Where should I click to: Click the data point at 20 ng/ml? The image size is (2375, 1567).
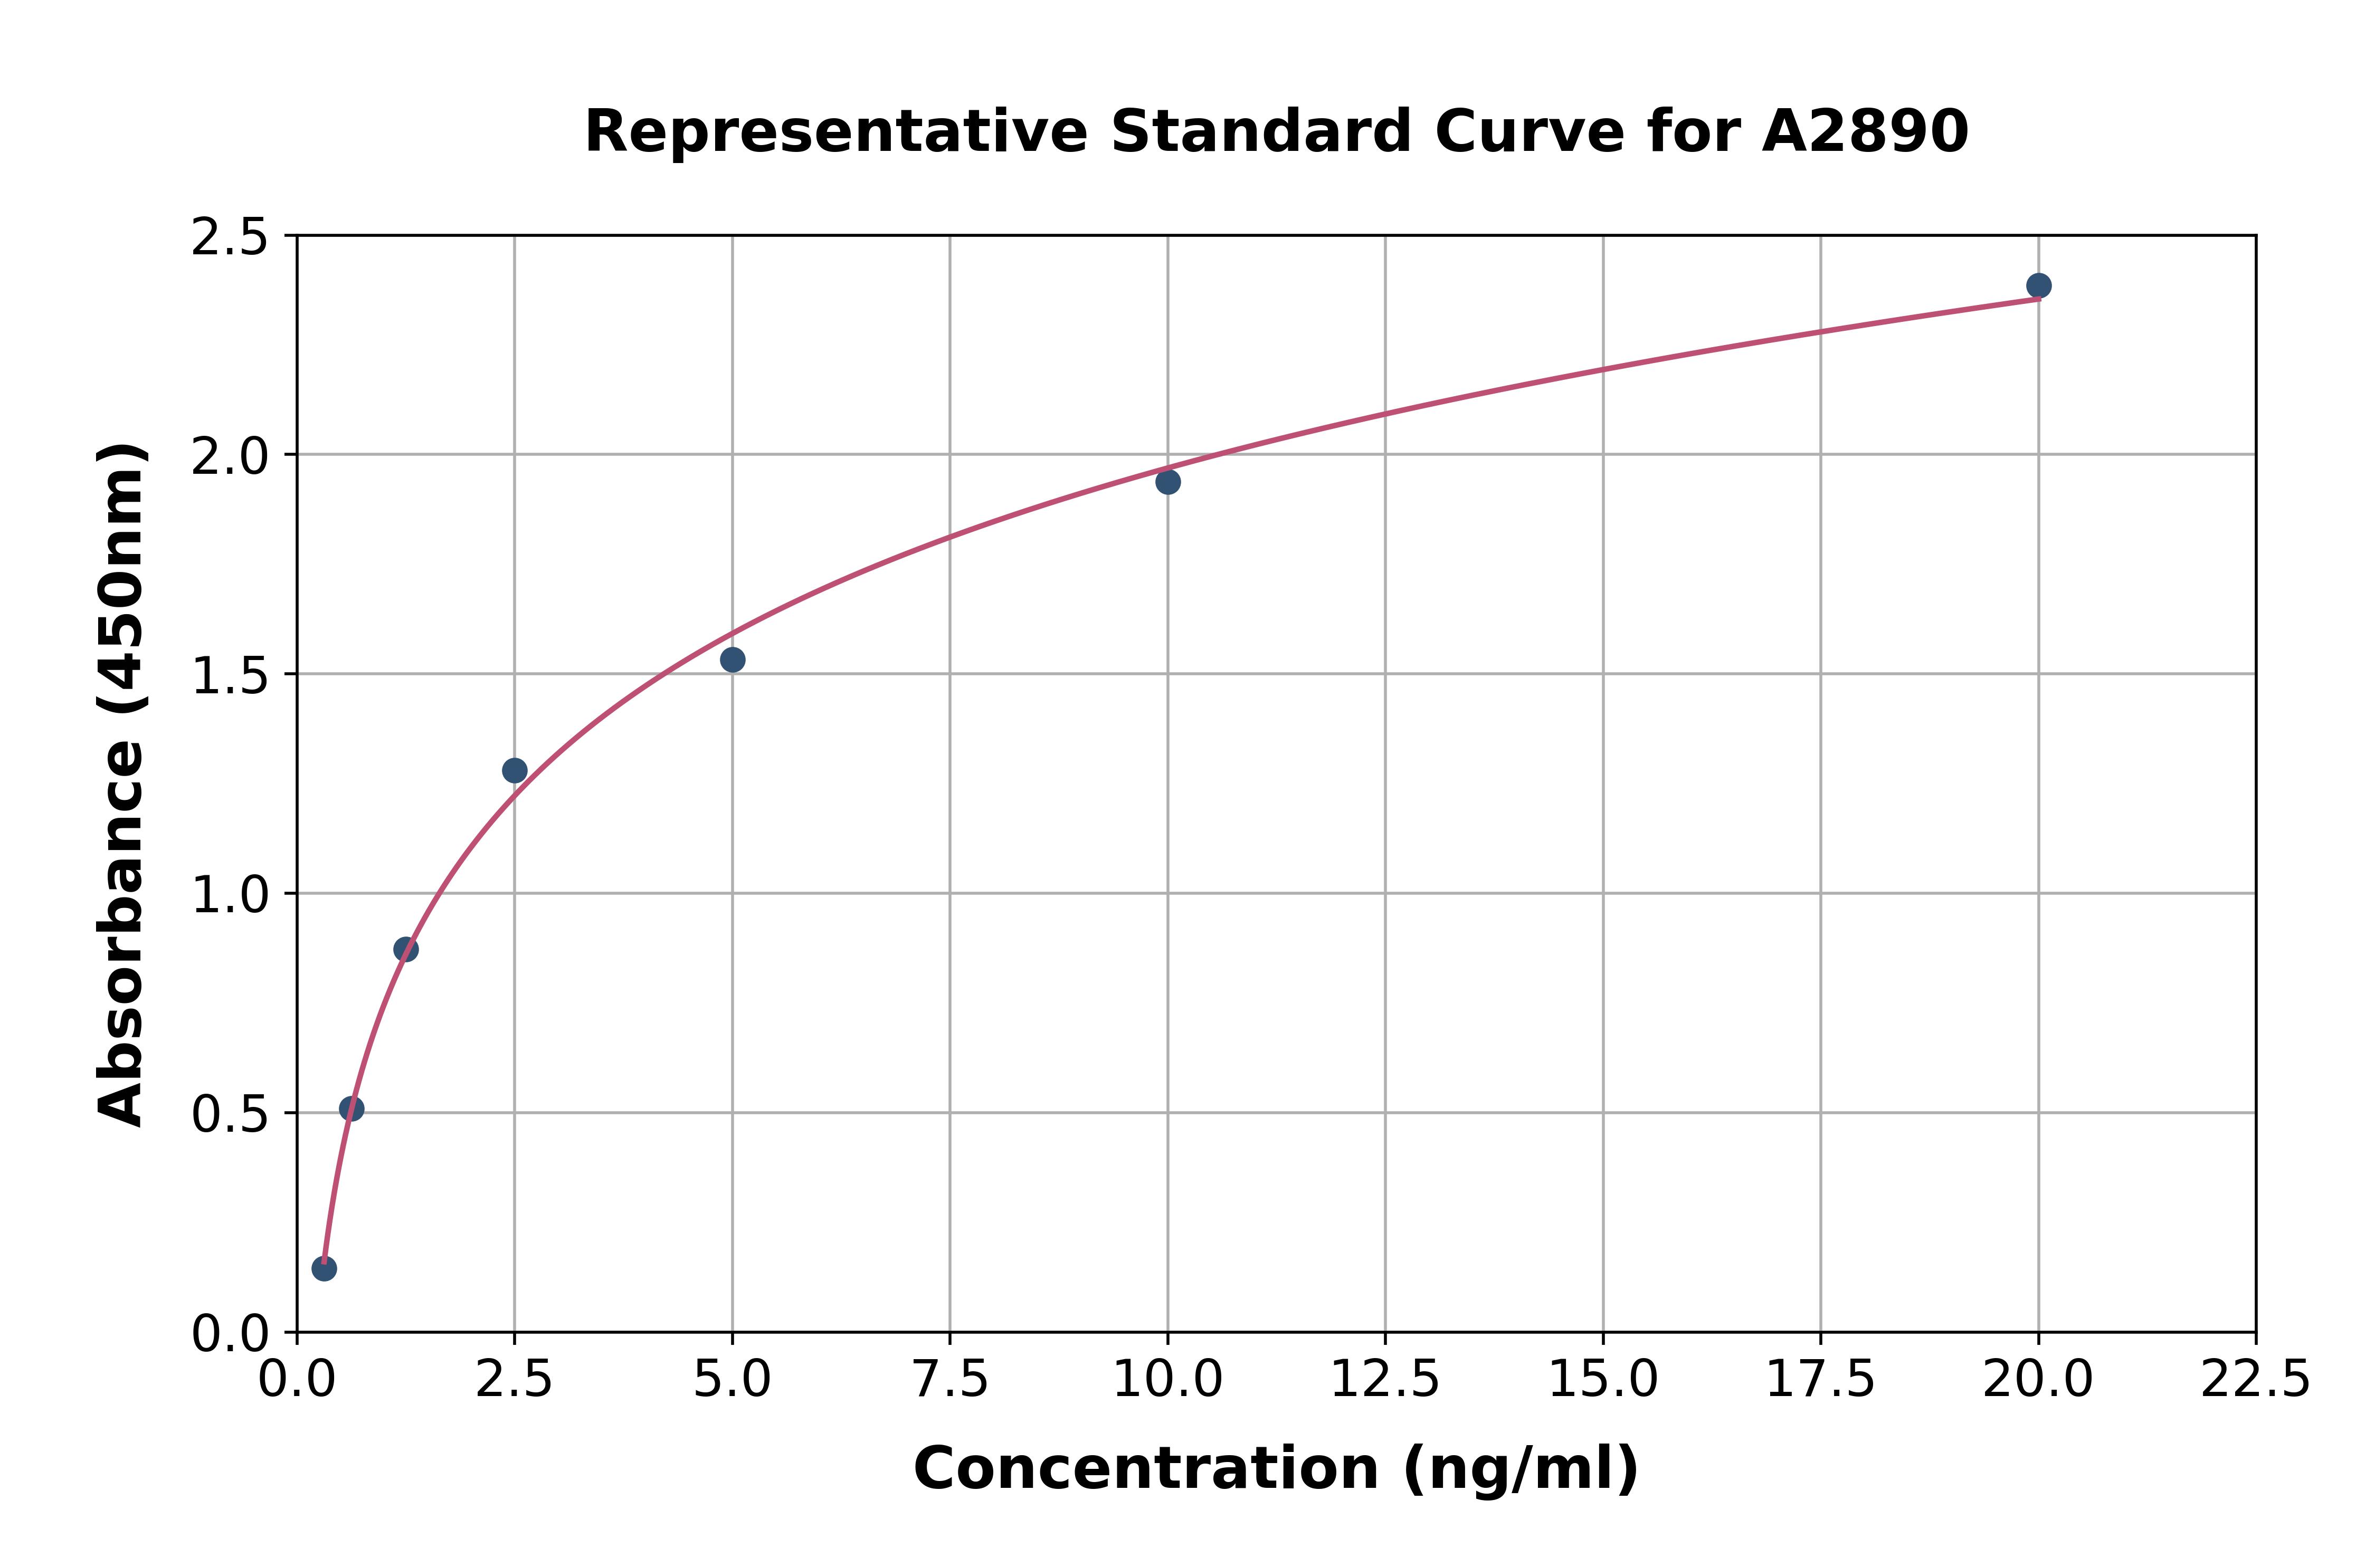2038,286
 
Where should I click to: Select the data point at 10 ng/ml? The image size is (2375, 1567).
1167,482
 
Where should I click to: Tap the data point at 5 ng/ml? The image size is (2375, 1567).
733,660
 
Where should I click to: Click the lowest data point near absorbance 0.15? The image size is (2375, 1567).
324,1268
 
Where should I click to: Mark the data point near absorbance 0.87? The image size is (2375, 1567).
406,949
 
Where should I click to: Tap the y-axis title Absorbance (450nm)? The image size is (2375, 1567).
122,785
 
